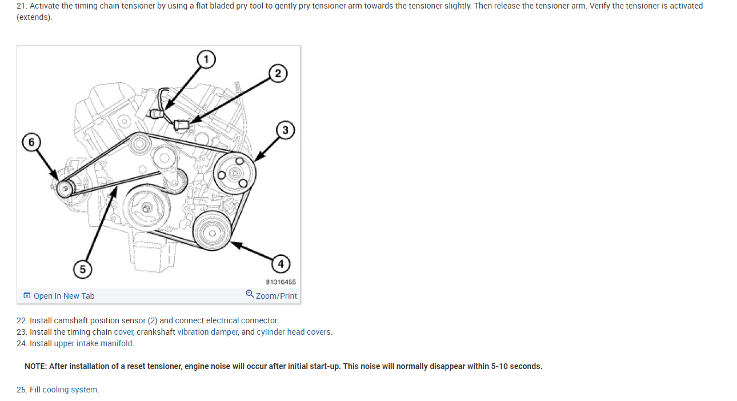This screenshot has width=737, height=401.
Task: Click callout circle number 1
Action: pos(206,59)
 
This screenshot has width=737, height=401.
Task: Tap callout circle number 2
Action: pos(278,73)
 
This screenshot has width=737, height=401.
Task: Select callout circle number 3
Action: pos(285,130)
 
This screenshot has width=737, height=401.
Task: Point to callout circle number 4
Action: pos(280,263)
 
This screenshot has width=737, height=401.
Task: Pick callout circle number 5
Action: pos(83,269)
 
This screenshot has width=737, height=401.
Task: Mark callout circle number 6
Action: pos(31,142)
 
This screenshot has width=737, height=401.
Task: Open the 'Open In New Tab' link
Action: pos(63,296)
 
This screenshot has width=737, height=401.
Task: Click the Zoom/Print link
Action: pos(277,296)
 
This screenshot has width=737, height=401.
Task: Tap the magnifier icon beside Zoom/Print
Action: pos(250,294)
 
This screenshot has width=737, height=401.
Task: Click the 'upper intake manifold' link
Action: pos(93,343)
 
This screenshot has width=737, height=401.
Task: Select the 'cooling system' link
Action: pos(70,390)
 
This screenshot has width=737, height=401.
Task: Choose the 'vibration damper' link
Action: pos(207,332)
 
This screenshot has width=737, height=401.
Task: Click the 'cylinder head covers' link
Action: pos(294,332)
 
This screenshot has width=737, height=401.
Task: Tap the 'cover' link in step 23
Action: pos(123,332)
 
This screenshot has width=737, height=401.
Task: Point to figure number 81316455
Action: pos(281,282)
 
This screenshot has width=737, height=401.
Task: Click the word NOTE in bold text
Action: pos(35,366)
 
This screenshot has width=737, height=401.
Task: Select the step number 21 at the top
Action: pos(21,6)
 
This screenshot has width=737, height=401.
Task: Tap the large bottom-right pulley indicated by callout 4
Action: pos(211,232)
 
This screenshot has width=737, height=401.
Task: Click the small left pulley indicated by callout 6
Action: pos(64,188)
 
